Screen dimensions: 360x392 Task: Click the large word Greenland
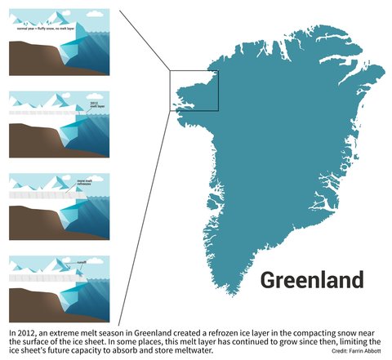pyautogui.click(x=311, y=280)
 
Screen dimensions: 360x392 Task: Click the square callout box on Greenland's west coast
pyautogui.click(x=194, y=90)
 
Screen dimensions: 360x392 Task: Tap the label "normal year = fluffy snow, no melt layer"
pyautogui.click(x=41, y=29)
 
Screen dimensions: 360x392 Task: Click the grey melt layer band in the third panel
pyautogui.click(x=41, y=197)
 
